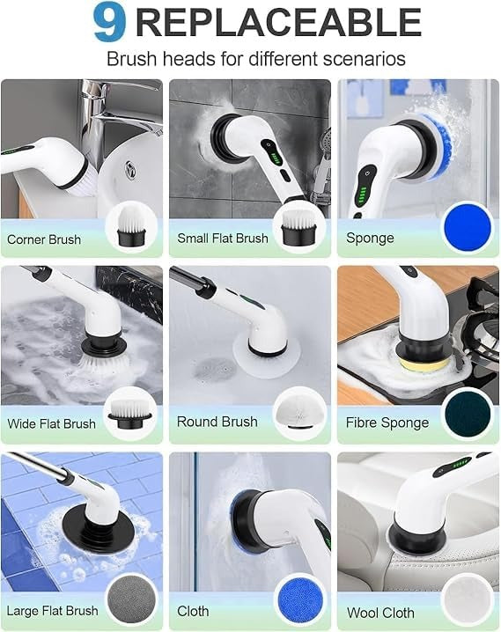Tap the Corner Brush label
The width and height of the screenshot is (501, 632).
click(44, 239)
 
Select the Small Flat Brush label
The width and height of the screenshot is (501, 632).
click(223, 238)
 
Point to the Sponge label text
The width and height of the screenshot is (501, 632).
click(370, 238)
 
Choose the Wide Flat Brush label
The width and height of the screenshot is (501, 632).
click(52, 423)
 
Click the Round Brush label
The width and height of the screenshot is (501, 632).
click(217, 422)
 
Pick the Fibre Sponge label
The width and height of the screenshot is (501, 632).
click(387, 423)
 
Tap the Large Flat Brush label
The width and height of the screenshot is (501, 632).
click(52, 610)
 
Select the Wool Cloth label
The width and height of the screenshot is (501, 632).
click(381, 613)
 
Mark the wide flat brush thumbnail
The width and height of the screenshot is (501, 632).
click(129, 412)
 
